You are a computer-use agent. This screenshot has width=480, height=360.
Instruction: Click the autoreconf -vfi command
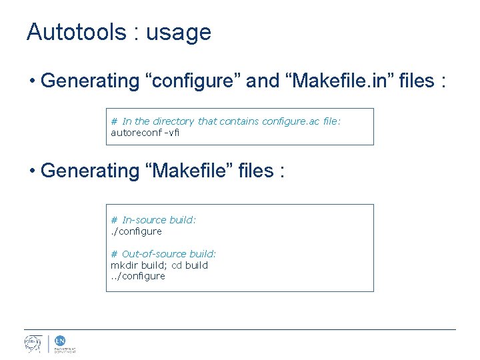[x=145, y=132]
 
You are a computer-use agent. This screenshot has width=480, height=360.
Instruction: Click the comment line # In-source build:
[x=153, y=220]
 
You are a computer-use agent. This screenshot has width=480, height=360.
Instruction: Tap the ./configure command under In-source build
[x=136, y=231]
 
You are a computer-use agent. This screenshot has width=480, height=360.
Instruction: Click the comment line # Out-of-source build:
[x=163, y=254]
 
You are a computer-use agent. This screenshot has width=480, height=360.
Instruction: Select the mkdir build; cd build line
[x=159, y=265]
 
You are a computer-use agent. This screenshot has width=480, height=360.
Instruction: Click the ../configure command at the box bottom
[x=138, y=276]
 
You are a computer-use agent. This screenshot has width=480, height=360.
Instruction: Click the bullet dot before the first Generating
[x=32, y=82]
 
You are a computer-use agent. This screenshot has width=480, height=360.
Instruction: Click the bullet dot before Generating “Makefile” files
[x=32, y=171]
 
